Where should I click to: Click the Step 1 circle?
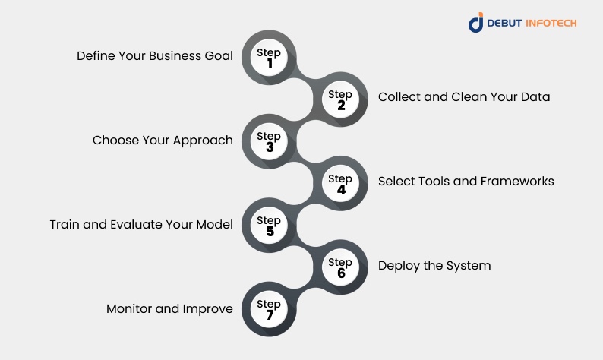(269, 58)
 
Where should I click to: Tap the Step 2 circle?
(341, 99)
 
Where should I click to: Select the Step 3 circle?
(269, 141)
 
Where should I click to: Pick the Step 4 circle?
(341, 184)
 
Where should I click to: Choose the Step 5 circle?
(269, 226)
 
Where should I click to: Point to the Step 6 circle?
(341, 267)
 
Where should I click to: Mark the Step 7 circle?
(269, 310)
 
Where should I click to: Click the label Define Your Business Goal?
(155, 56)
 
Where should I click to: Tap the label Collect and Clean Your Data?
(464, 97)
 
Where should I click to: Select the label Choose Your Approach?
(163, 141)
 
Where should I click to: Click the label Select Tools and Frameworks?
(466, 182)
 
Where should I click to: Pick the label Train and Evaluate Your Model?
(141, 225)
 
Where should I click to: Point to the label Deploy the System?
(434, 266)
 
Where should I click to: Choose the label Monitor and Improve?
(169, 309)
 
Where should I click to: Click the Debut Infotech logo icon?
(476, 23)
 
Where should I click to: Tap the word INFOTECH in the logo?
(551, 23)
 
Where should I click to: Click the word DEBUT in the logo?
(505, 23)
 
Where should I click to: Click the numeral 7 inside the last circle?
(269, 315)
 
